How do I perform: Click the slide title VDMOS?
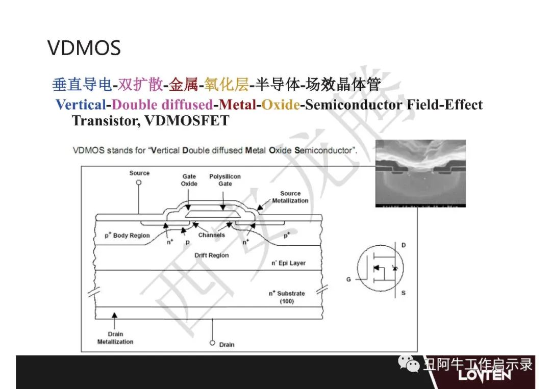point(84,48)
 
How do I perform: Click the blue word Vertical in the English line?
point(81,105)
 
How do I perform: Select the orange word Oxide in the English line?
point(281,105)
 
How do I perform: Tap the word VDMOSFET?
point(187,120)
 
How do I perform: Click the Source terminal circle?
point(139,183)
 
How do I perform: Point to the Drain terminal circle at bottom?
point(212,343)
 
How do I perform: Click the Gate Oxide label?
point(189,180)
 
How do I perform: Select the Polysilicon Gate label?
point(225,180)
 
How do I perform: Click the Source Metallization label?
point(290,197)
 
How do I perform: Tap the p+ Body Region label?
point(127,235)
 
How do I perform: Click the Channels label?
point(212,235)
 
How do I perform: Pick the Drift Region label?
point(212,255)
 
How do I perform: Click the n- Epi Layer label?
point(288,263)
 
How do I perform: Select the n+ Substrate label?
point(287,297)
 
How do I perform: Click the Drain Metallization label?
point(115,338)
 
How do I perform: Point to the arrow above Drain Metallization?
point(114,320)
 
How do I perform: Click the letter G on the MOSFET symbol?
point(348,279)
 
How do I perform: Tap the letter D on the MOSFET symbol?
point(404,245)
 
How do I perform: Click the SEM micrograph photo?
point(420,173)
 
